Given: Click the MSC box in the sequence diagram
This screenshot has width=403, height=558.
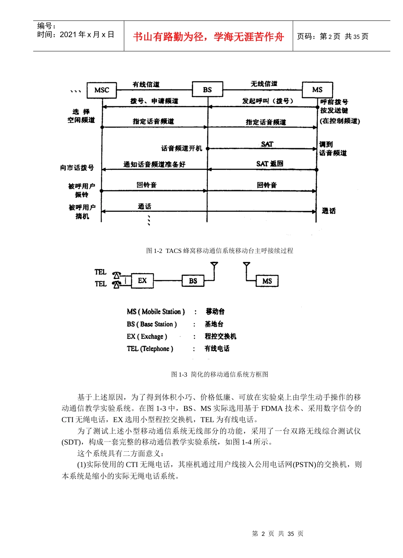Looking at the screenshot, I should (102, 90).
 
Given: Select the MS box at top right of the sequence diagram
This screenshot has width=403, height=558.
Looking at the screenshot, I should (317, 90).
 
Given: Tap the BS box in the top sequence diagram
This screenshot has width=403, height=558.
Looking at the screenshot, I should (207, 90).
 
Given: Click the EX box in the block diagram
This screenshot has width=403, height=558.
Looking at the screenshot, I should (142, 280).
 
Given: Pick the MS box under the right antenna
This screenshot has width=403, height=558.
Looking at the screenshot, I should (267, 281).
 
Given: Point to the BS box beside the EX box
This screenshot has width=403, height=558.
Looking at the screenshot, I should (193, 281).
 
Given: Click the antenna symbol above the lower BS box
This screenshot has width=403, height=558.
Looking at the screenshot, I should (214, 266).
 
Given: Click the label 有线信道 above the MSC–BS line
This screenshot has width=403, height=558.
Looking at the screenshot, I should (146, 84).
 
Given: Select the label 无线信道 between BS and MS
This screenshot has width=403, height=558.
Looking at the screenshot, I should (264, 84).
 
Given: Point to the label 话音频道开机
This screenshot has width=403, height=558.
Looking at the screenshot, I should (182, 148).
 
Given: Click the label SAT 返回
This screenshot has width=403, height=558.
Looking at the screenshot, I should (269, 164).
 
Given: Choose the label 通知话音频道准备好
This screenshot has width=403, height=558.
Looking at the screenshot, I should (154, 164).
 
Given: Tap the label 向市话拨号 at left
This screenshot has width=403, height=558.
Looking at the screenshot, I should (77, 168).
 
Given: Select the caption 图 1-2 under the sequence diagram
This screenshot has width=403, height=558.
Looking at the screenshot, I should (219, 251).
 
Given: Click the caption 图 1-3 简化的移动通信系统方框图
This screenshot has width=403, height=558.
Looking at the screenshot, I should (219, 374).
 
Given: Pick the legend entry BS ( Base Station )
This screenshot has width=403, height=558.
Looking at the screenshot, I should (151, 324).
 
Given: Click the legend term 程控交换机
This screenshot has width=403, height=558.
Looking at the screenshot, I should (220, 336).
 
